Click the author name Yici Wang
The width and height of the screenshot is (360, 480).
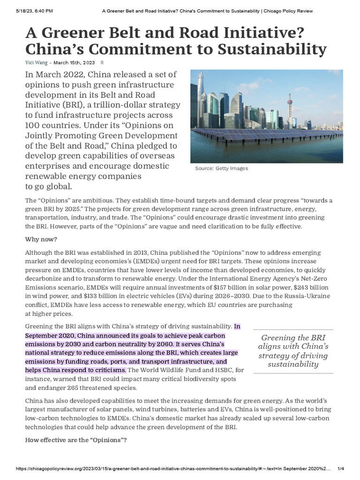37,62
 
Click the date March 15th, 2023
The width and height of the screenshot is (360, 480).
74,62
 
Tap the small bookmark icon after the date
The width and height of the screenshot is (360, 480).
102,62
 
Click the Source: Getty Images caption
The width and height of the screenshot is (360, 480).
221,168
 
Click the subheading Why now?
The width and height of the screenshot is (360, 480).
41,240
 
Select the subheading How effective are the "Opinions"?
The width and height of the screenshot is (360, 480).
75,440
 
